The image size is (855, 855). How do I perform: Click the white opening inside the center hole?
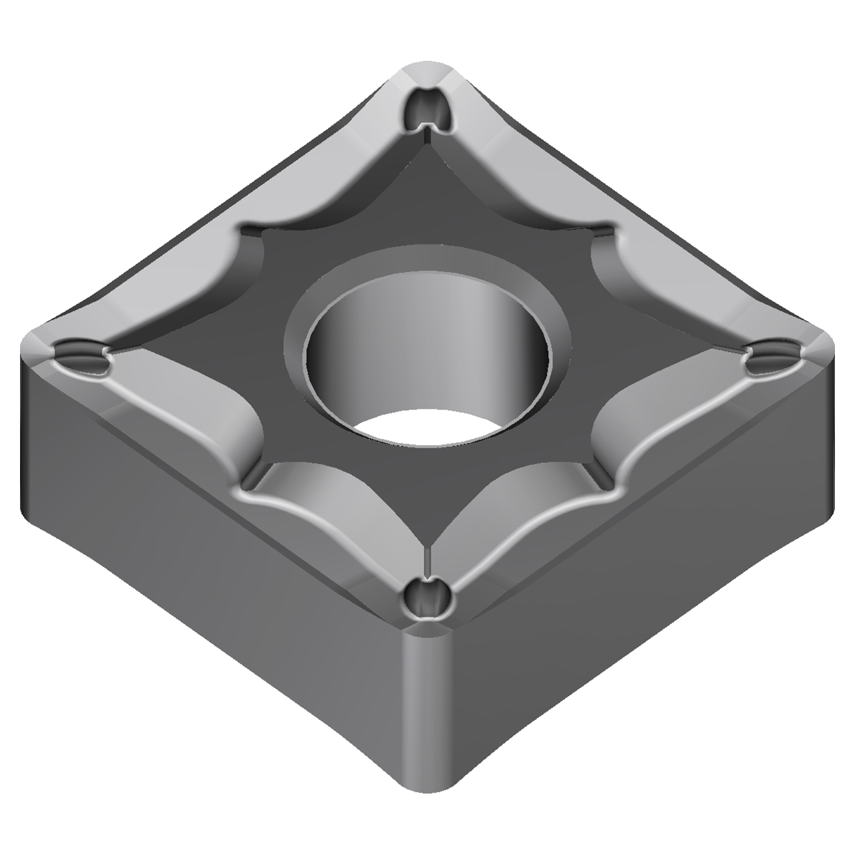(427, 427)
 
